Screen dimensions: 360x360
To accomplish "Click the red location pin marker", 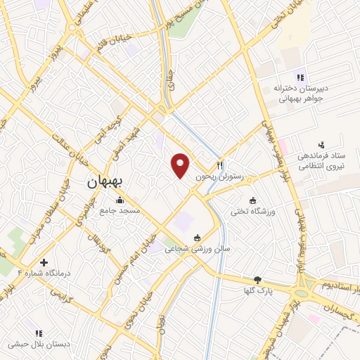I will click(181, 165).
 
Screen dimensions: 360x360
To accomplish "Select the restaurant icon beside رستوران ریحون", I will click(219, 166).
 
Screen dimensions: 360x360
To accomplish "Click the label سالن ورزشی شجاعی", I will click(198, 248).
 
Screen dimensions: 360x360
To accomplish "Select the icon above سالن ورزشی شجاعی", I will click(198, 237).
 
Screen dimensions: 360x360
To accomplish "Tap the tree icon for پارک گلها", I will click(257, 279).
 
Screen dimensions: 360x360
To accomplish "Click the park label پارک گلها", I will click(257, 290).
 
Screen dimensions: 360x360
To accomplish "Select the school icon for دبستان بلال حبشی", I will click(39, 333).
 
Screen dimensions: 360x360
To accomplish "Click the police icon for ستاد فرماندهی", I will click(321, 144).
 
